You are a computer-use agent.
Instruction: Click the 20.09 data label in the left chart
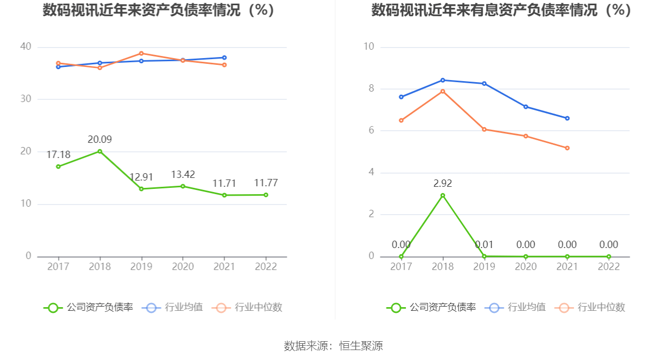click(x=99, y=140)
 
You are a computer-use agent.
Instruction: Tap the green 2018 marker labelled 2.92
click(x=443, y=195)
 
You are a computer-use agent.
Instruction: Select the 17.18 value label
click(x=58, y=155)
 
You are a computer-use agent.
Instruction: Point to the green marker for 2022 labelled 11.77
click(x=266, y=195)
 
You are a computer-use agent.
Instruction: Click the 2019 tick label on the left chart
click(x=141, y=266)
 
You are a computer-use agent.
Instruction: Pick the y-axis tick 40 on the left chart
click(x=26, y=47)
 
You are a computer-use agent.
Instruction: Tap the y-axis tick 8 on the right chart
click(x=371, y=88)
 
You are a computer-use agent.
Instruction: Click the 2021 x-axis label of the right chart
click(x=567, y=266)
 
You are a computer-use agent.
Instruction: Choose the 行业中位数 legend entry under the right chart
click(x=592, y=308)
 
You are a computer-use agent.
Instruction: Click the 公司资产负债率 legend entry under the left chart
click(x=88, y=308)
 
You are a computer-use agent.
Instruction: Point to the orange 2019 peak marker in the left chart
click(x=141, y=53)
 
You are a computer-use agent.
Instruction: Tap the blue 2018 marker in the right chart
click(x=443, y=80)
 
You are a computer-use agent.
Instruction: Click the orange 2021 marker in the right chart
click(x=567, y=148)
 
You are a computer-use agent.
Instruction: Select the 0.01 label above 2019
click(x=484, y=245)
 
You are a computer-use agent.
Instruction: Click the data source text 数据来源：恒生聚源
click(x=333, y=346)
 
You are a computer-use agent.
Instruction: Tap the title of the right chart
click(x=501, y=10)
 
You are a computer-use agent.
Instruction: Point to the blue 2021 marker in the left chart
click(x=224, y=58)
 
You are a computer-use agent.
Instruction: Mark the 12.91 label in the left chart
click(x=141, y=177)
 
